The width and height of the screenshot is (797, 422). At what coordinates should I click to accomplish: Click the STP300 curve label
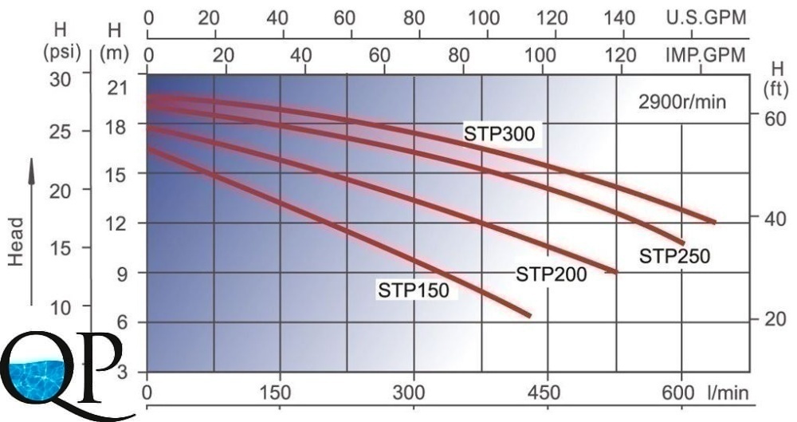click(502, 134)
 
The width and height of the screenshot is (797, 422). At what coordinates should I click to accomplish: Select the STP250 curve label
click(674, 256)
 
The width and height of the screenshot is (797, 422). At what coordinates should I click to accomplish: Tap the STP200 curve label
click(552, 274)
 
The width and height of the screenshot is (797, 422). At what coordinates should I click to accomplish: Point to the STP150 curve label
click(413, 290)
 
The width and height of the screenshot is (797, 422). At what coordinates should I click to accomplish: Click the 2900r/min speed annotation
click(682, 102)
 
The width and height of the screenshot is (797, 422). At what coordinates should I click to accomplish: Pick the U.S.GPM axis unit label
click(706, 18)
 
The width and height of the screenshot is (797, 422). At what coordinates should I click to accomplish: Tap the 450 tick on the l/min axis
click(547, 392)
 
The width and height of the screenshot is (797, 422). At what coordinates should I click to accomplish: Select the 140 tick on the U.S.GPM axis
click(621, 18)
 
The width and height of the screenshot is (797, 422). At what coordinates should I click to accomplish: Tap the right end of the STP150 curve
click(528, 316)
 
